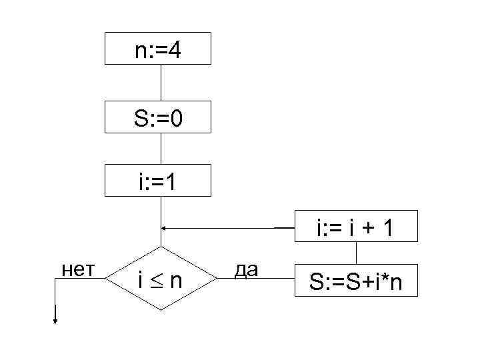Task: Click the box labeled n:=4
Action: click(x=158, y=48)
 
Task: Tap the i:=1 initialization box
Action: click(x=158, y=180)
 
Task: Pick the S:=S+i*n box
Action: click(x=355, y=283)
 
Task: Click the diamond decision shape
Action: click(x=160, y=279)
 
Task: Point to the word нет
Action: click(x=77, y=269)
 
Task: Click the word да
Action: click(x=246, y=269)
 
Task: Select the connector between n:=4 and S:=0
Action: click(x=161, y=82)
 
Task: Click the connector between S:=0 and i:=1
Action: click(x=161, y=149)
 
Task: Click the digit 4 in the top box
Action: click(x=174, y=50)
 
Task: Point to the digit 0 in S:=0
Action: click(x=177, y=119)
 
